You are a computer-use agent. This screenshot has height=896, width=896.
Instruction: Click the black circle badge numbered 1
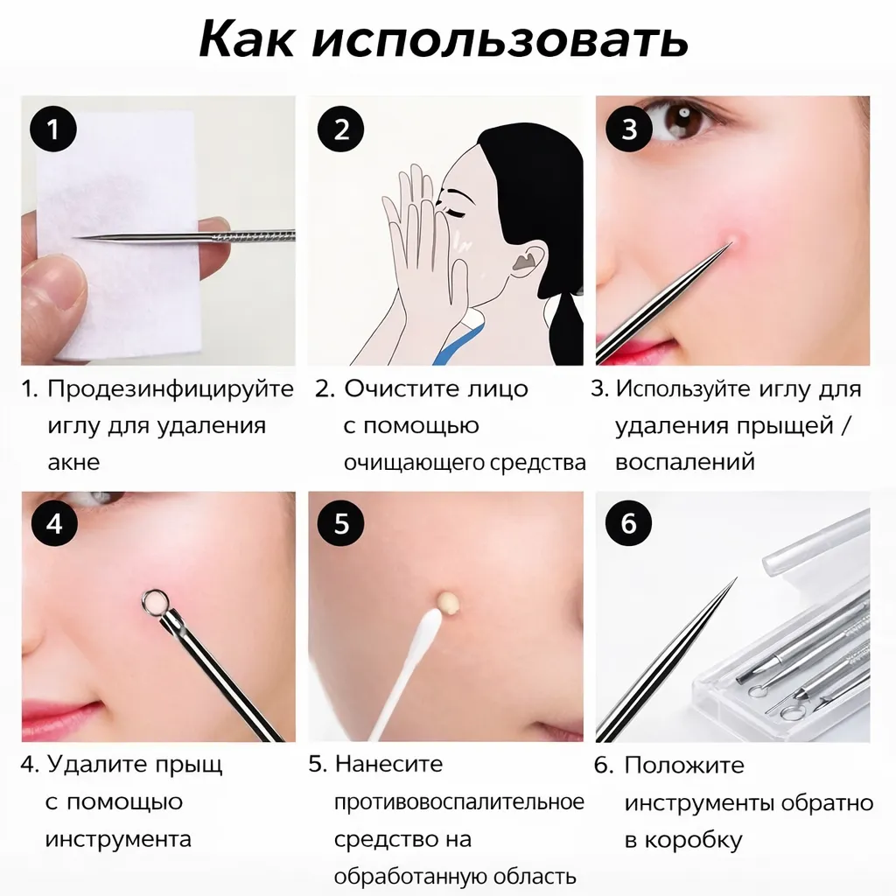click(53, 130)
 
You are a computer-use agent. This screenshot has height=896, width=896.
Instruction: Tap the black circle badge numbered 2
click(341, 130)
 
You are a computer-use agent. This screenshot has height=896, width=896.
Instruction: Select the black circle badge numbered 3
click(629, 130)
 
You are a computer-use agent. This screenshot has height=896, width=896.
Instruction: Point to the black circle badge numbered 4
click(53, 524)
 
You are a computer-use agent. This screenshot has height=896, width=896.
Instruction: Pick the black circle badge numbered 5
click(341, 524)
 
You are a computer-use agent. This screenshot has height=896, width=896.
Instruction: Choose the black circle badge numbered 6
click(629, 524)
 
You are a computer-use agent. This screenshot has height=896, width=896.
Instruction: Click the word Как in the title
click(247, 38)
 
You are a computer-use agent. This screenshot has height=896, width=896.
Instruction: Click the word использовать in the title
click(500, 38)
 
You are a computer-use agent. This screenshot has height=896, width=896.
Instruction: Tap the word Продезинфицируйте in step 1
click(170, 389)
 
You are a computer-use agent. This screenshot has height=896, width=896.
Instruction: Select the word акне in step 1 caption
click(73, 462)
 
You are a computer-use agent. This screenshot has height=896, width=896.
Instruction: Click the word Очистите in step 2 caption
click(398, 389)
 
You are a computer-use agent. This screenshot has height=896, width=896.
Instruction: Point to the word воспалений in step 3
click(684, 462)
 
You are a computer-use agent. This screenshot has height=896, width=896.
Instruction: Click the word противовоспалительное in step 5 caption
click(458, 801)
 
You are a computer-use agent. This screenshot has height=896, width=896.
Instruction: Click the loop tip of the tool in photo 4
click(155, 602)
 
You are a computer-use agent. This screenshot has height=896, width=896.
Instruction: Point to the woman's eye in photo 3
click(680, 119)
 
